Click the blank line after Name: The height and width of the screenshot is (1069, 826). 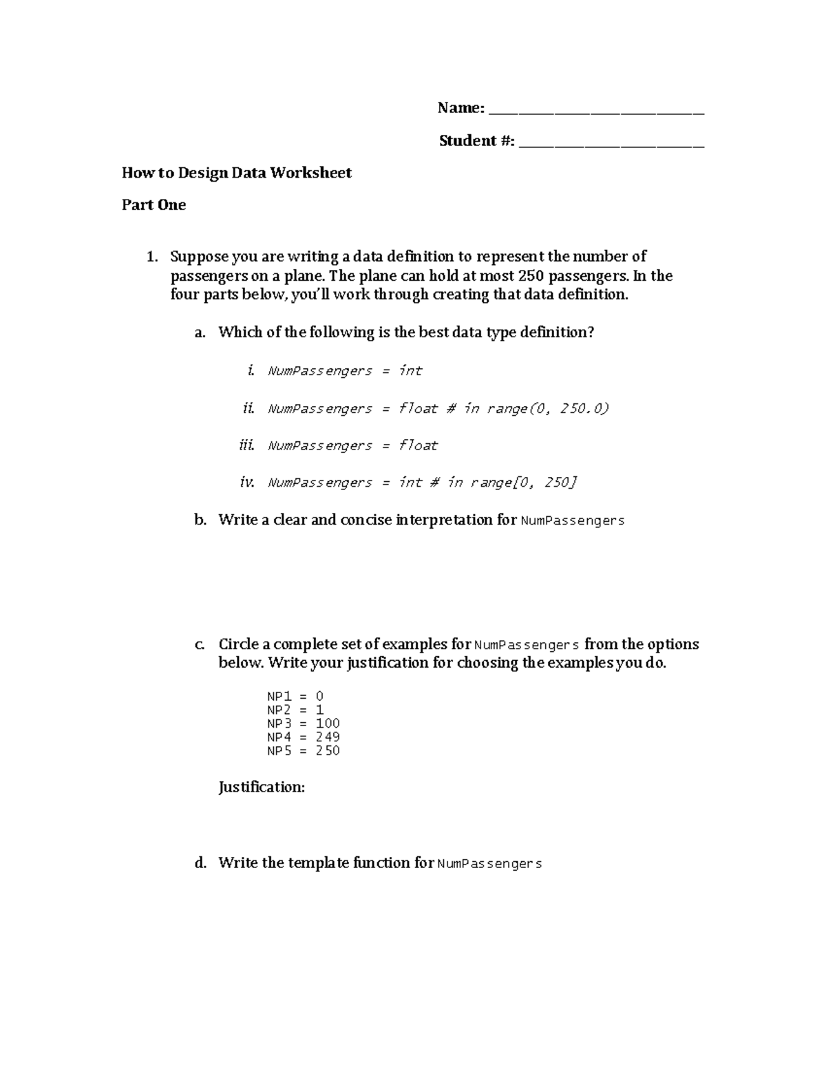[596, 109]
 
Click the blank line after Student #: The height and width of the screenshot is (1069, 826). [611, 142]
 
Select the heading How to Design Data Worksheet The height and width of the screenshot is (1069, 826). [236, 173]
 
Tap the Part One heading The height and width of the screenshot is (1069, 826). [153, 205]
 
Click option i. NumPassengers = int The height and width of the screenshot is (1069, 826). [344, 371]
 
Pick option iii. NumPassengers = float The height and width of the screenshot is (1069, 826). [352, 446]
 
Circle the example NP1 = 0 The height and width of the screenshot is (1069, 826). [295, 696]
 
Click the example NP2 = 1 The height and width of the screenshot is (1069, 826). [295, 710]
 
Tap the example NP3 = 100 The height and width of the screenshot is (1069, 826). [303, 723]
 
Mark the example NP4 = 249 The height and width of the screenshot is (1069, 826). [303, 737]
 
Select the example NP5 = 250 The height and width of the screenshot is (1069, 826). [303, 751]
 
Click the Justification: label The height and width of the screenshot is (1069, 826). [262, 787]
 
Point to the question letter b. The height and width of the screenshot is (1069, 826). [200, 520]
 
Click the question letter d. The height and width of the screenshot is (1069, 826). [200, 863]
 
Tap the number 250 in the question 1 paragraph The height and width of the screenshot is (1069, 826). [529, 276]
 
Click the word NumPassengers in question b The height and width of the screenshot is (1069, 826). [573, 521]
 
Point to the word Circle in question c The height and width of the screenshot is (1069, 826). [237, 645]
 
